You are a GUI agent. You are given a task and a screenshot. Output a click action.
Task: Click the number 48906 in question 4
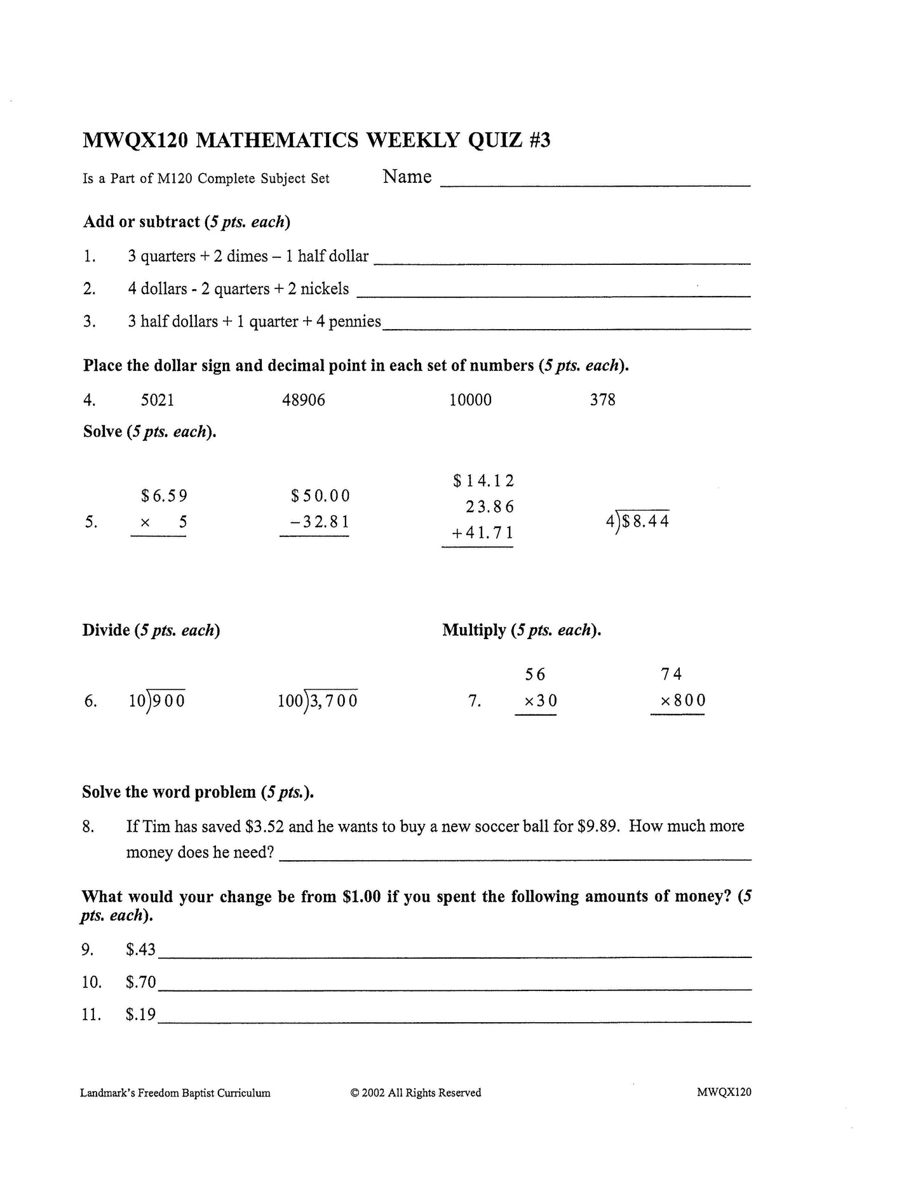coord(303,400)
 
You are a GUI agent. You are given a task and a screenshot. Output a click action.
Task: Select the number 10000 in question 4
coord(470,400)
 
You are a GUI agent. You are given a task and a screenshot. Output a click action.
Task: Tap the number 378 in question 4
coord(602,400)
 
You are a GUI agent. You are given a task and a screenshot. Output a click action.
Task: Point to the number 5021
coord(157,400)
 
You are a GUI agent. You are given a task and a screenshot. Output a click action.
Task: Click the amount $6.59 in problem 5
coord(164,496)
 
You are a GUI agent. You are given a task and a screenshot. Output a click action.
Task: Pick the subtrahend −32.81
coord(319,522)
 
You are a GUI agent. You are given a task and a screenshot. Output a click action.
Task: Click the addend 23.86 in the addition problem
coord(489,507)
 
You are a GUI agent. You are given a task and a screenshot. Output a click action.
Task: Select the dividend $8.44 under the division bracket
coord(645,522)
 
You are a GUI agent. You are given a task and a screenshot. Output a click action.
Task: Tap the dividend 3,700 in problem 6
coord(334,701)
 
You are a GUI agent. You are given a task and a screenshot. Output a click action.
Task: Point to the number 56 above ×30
coord(536,674)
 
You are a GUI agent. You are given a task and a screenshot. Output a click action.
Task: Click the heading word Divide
coord(106,630)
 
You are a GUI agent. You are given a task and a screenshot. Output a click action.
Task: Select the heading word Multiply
coord(474,630)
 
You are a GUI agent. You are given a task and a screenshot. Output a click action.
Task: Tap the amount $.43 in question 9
coord(140,949)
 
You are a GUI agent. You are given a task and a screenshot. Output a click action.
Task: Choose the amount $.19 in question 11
coord(140,1014)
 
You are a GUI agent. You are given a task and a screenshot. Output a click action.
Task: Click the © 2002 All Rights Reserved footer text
coord(415,1093)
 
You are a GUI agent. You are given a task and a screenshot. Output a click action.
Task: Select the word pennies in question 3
coord(354,321)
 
